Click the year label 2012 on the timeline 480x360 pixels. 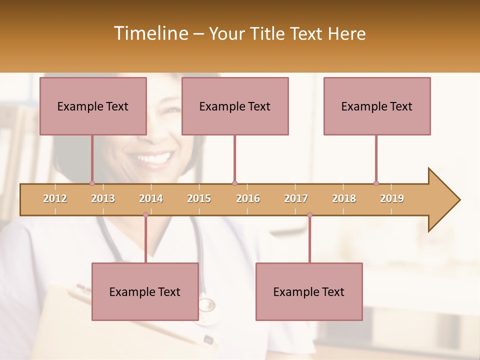click(x=55, y=198)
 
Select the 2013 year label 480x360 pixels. click(x=103, y=198)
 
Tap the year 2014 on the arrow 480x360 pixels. click(x=151, y=198)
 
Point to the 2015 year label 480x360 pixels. click(x=199, y=198)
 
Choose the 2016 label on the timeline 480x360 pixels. click(x=248, y=198)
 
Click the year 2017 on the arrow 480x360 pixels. click(x=296, y=198)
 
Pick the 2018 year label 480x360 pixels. click(x=344, y=198)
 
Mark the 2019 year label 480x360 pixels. click(x=392, y=198)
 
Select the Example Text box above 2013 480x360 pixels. click(x=93, y=106)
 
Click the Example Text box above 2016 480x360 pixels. click(x=235, y=106)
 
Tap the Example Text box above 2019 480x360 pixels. click(x=377, y=106)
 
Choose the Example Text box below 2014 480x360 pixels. click(x=145, y=291)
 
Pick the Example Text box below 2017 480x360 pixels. click(x=309, y=291)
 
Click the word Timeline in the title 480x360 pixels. click(x=150, y=33)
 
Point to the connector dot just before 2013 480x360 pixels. click(x=92, y=183)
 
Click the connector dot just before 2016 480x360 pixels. click(x=234, y=183)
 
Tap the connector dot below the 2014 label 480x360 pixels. click(x=145, y=215)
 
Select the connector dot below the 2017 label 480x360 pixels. click(x=309, y=215)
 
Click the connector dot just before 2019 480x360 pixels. click(x=376, y=183)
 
